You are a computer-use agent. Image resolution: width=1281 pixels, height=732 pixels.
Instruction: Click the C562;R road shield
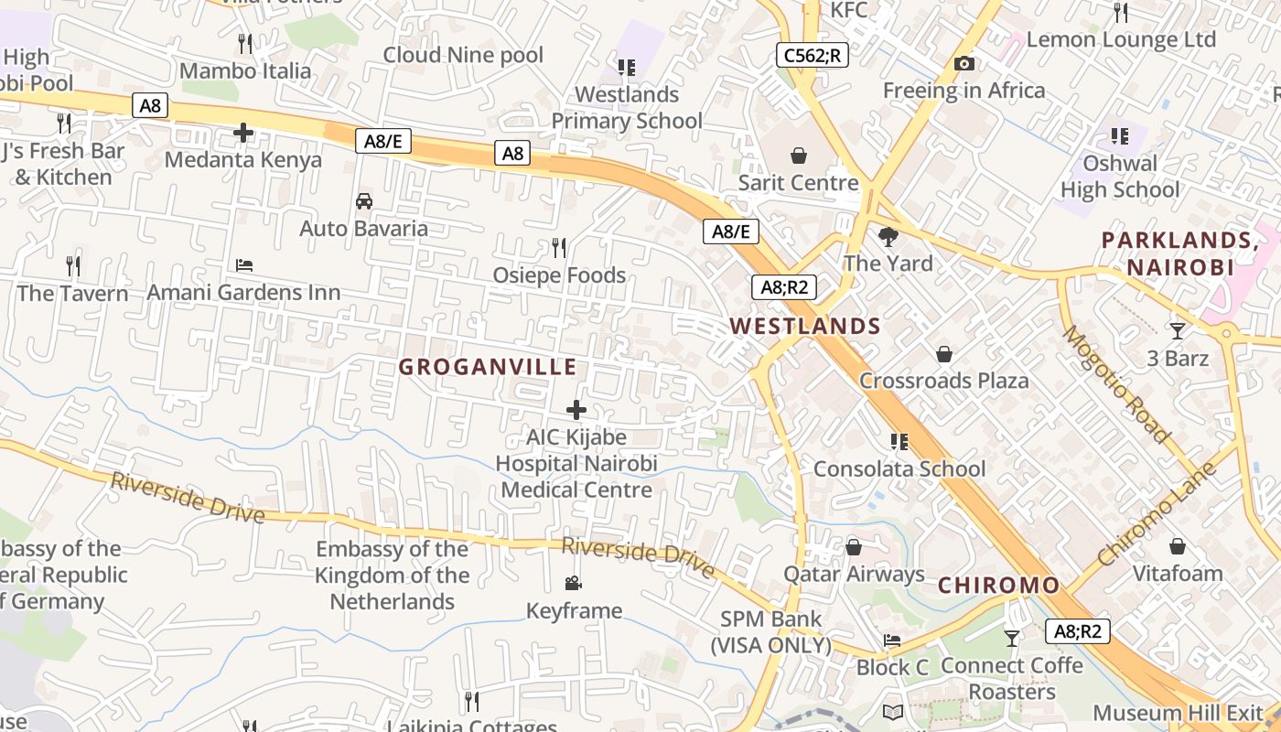pos(812,55)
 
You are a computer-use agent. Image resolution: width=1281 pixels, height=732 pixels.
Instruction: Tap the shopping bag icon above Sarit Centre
pos(799,156)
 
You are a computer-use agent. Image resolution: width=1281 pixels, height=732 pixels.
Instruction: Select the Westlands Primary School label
pos(627,107)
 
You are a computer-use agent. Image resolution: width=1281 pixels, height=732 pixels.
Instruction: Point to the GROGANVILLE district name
pos(488,367)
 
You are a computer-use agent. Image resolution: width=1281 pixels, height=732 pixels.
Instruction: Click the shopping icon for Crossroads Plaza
pos(944,354)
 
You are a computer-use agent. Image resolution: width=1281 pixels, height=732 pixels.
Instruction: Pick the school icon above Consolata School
pos(899,442)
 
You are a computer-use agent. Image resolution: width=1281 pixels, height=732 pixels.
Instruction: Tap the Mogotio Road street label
pos(1115,383)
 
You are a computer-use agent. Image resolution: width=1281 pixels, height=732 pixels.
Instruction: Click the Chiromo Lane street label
pos(1157,514)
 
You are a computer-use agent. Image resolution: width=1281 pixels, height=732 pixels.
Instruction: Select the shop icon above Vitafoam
pos(1178,547)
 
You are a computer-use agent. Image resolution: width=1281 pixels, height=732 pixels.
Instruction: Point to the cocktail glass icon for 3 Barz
pos(1178,330)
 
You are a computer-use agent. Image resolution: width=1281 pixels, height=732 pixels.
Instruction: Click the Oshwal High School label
pos(1120,177)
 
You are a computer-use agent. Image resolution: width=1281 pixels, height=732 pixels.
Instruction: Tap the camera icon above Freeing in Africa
pos(963,64)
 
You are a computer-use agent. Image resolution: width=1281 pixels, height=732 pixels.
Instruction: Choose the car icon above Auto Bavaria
pos(364,201)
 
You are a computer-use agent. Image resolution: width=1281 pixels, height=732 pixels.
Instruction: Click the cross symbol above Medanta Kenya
pos(243,134)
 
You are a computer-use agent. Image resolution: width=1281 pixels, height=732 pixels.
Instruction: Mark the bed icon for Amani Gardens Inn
pos(244,265)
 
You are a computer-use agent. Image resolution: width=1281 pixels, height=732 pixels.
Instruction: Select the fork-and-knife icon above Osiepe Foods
pos(559,247)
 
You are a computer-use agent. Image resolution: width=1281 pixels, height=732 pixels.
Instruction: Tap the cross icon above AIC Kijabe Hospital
pos(576,409)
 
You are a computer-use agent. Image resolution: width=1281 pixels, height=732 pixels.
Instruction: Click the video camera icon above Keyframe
pos(574,584)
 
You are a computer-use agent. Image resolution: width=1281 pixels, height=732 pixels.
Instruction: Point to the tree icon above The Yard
pos(888,237)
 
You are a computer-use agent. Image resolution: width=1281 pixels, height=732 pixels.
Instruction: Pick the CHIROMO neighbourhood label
pos(999,585)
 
